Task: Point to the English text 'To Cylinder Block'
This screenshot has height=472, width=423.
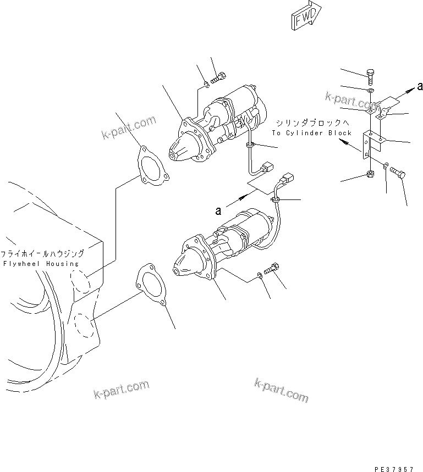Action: (311, 133)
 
